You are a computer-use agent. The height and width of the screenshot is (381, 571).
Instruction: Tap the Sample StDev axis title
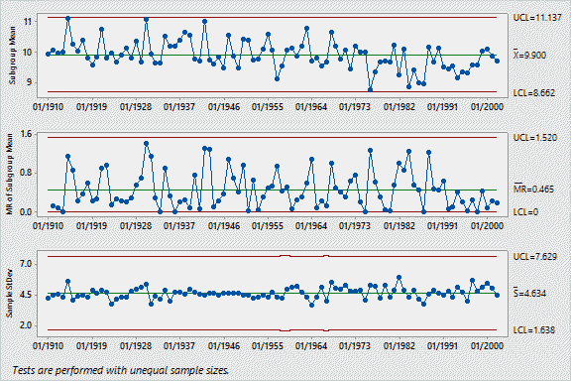click(x=10, y=294)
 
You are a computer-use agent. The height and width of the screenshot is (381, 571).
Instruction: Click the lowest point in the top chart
click(x=370, y=89)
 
